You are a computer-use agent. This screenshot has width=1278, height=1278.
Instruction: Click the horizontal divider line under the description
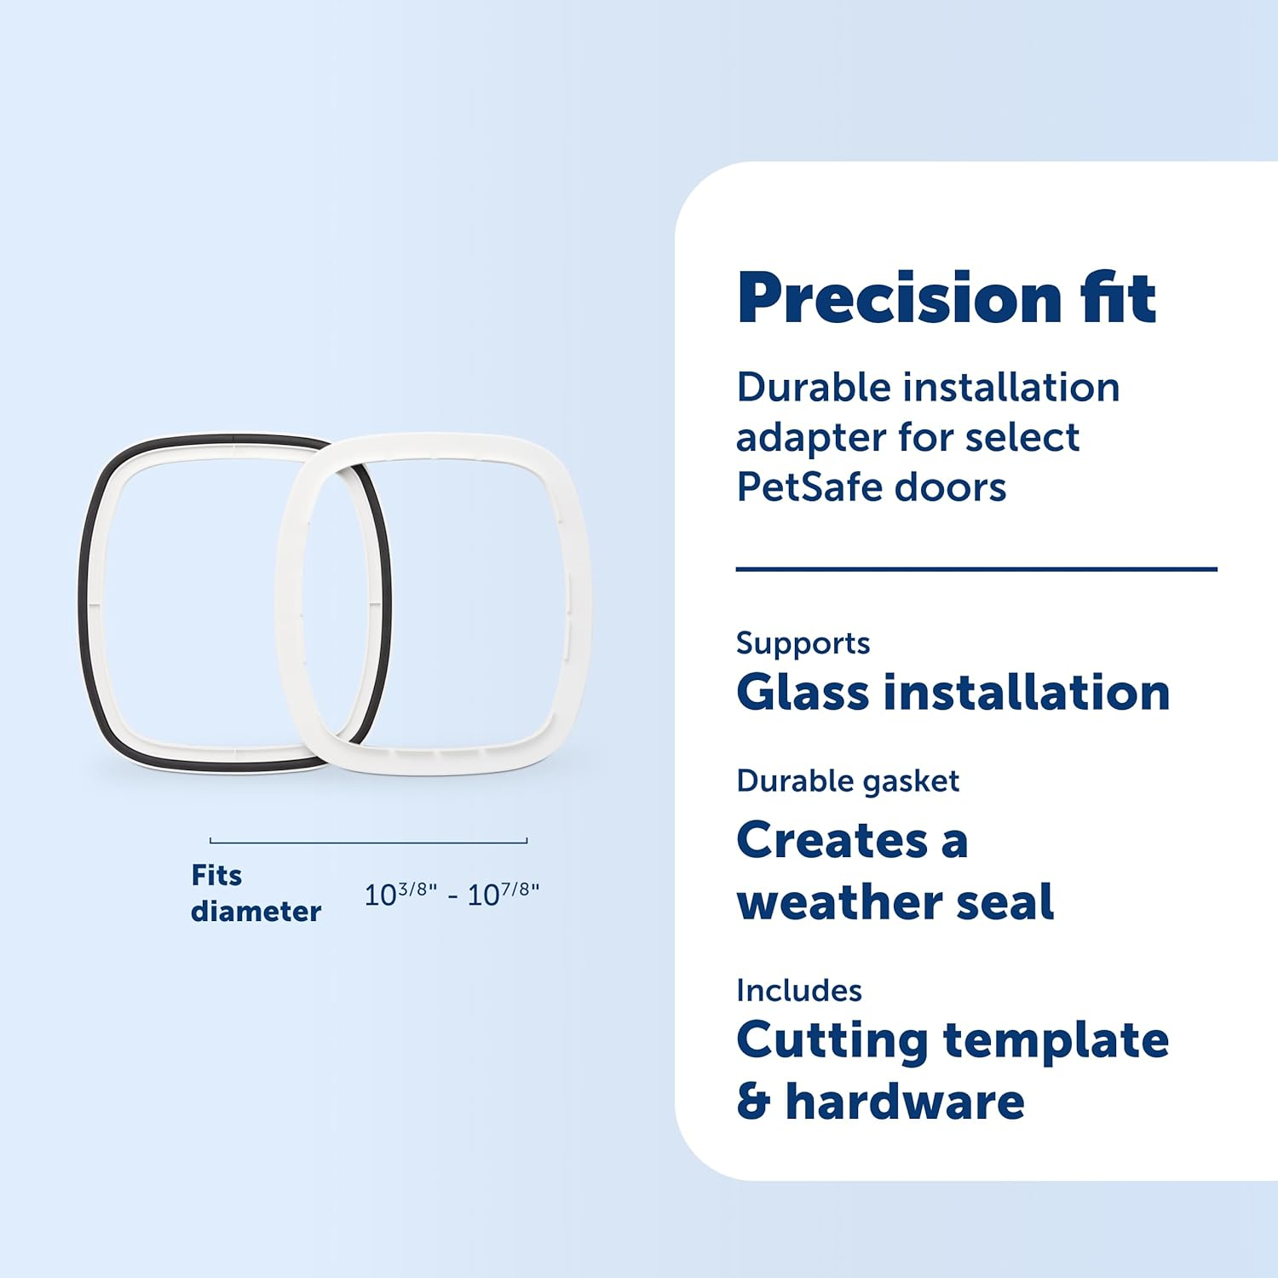pos(976,569)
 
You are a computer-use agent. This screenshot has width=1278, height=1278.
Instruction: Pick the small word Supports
pos(803,643)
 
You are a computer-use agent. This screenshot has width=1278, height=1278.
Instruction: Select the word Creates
pos(832,841)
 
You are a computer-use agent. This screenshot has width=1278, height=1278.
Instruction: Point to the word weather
pos(839,902)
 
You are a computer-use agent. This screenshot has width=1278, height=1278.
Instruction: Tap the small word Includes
pos(799,991)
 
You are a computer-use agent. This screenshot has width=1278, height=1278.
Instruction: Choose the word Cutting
pos(832,1041)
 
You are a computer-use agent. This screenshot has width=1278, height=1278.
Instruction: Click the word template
pos(1056,1041)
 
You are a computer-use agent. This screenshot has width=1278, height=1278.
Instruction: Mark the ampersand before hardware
pos(753,1102)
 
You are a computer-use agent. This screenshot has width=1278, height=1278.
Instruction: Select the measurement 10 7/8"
pos(504,894)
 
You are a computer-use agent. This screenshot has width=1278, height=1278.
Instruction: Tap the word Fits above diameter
pos(216,876)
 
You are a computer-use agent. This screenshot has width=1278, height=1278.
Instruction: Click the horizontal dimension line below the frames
pos(368,842)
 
